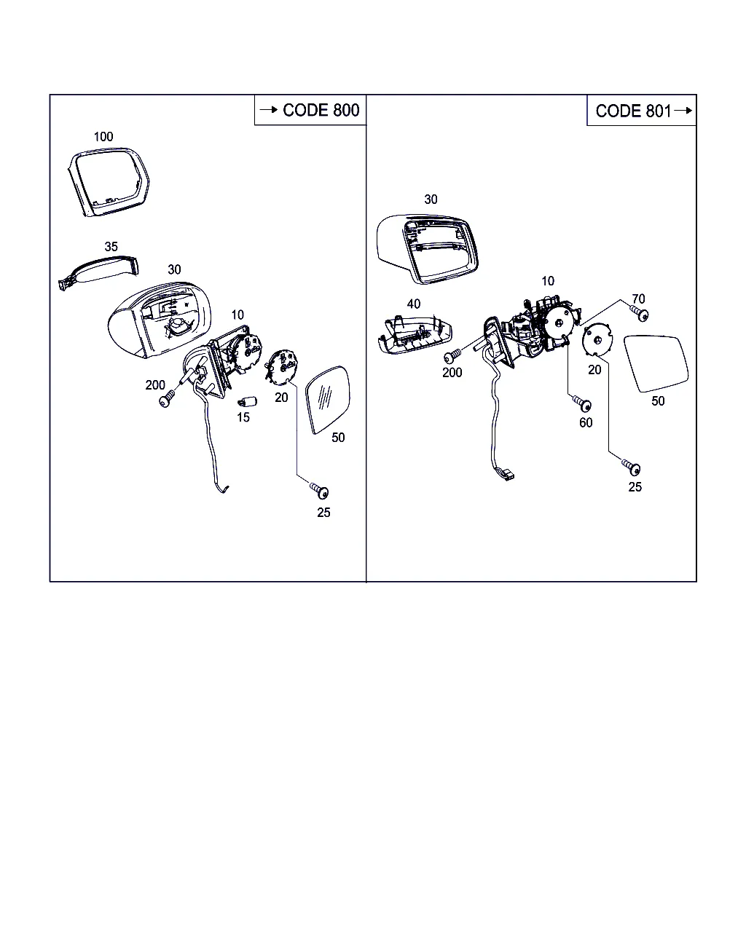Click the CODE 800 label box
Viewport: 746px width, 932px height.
coord(310,110)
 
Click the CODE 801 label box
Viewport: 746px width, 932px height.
coord(642,111)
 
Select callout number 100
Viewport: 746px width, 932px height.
coord(103,137)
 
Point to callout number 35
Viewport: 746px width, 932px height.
coord(111,247)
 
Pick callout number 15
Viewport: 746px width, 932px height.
coord(243,417)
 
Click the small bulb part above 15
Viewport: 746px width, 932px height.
coord(248,403)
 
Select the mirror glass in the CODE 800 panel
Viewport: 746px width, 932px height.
coord(328,399)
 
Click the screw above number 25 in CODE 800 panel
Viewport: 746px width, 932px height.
coord(320,490)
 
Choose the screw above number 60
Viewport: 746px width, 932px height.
coord(581,403)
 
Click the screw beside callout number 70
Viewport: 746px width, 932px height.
coord(640,313)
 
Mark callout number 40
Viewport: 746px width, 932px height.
coord(414,304)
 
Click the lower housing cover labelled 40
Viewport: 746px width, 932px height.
coord(415,334)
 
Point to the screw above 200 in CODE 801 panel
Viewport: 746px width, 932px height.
coord(453,355)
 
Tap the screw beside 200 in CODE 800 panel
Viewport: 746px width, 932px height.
coord(167,399)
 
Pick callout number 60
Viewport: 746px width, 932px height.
coord(586,423)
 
